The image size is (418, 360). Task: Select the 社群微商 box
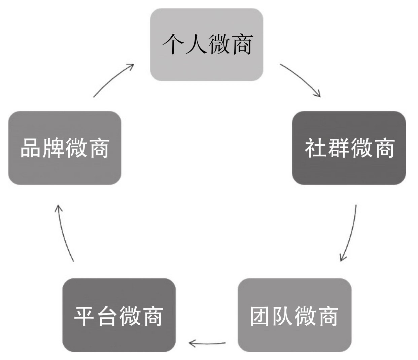click(349, 148)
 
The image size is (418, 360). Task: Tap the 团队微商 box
click(294, 315)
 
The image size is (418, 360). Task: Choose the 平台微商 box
click(119, 315)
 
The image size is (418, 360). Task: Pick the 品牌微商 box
click(65, 148)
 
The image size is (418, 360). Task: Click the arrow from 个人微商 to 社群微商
click(301, 79)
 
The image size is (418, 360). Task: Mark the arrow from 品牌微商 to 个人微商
click(114, 79)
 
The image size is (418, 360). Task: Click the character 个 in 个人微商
click(174, 44)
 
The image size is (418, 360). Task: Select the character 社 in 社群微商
click(316, 148)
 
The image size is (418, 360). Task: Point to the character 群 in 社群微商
click(338, 148)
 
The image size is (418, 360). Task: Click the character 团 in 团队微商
click(261, 316)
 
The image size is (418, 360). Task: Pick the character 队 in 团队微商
click(283, 316)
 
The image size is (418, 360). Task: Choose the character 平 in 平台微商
click(85, 316)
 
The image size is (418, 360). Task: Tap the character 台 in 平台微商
click(108, 316)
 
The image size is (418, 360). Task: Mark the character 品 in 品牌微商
click(31, 148)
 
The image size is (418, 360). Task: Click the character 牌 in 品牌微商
click(54, 148)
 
